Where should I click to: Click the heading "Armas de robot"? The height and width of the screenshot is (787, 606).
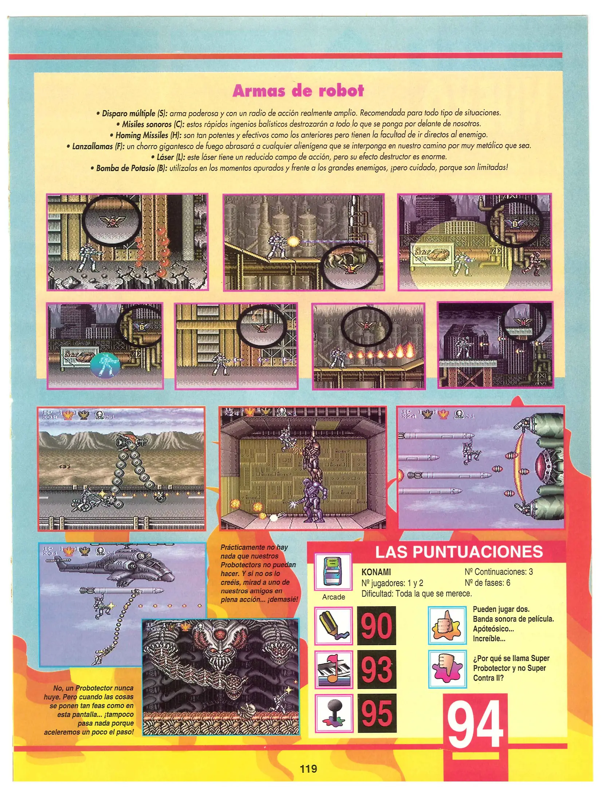pos(298,91)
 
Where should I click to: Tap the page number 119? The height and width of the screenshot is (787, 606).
pos(308,769)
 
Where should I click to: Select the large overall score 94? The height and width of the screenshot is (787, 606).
pos(475,725)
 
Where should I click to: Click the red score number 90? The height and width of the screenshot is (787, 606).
pos(377,626)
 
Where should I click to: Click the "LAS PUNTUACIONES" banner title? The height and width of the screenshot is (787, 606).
pos(459,552)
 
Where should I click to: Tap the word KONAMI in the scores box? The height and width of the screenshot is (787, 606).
pos(376,573)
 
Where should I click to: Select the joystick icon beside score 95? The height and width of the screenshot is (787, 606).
pos(334,713)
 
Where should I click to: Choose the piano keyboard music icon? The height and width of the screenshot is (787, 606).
pos(334,670)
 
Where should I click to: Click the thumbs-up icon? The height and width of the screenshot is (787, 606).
pos(447,626)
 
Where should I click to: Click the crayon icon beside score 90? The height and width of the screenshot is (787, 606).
pos(334,626)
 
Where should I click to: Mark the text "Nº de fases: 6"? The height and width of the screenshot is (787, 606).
pos(487,583)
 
